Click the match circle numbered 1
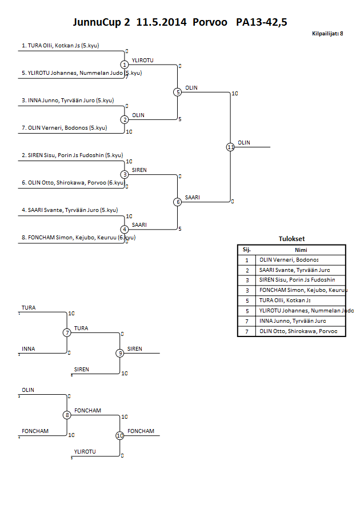(x=125, y=65)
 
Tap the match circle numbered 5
(x=178, y=92)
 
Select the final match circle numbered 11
(x=230, y=147)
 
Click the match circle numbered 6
(x=178, y=202)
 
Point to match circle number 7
(x=67, y=333)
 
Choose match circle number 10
(x=120, y=435)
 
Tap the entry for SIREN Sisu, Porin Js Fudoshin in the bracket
(x=72, y=155)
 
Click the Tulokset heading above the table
(x=291, y=239)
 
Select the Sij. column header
(x=247, y=250)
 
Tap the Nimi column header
(x=301, y=250)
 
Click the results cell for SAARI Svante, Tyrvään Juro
(x=295, y=270)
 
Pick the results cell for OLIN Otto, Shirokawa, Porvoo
(x=298, y=331)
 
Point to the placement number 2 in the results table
(x=247, y=270)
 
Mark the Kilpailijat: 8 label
(x=327, y=34)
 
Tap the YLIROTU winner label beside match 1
(x=142, y=60)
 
